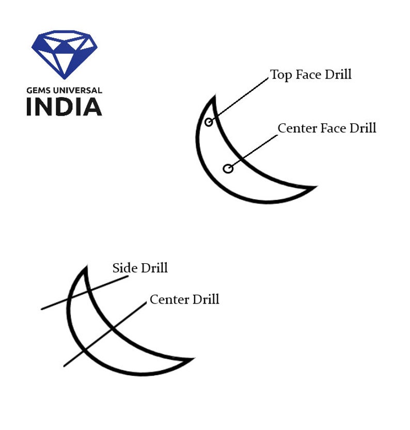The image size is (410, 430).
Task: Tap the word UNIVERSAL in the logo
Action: pyautogui.click(x=77, y=90)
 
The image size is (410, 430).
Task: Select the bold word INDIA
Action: pyautogui.click(x=64, y=107)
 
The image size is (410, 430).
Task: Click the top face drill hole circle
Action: pyautogui.click(x=209, y=122)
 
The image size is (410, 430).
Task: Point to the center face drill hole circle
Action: pyautogui.click(x=228, y=169)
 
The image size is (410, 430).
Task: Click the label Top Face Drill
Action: pyautogui.click(x=311, y=74)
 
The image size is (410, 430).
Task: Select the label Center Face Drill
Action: pyautogui.click(x=327, y=128)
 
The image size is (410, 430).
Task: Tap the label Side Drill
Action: pyautogui.click(x=140, y=268)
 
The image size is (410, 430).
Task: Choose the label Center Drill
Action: pyautogui.click(x=184, y=299)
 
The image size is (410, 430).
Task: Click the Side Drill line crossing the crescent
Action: pyautogui.click(x=85, y=293)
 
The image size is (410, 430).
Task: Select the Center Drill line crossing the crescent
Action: pyautogui.click(x=105, y=335)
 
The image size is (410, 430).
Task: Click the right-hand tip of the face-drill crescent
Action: pyautogui.click(x=317, y=186)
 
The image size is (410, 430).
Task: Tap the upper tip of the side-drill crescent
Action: pyautogui.click(x=87, y=266)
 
